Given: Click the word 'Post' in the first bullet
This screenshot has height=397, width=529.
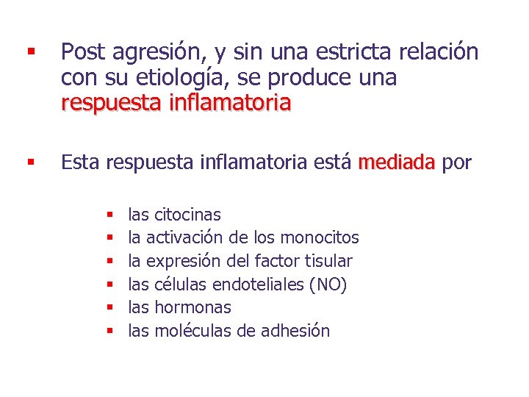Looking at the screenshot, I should tap(83, 52).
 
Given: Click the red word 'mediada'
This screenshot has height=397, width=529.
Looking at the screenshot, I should tap(397, 162).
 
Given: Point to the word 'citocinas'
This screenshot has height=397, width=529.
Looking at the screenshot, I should tap(187, 215).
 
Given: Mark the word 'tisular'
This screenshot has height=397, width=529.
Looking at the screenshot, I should tap(329, 261).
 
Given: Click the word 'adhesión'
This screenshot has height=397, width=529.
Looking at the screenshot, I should tap(293, 331).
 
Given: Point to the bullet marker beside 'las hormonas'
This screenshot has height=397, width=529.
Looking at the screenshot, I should tap(108, 308).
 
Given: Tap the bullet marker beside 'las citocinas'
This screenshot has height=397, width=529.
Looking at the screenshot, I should tap(108, 215).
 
